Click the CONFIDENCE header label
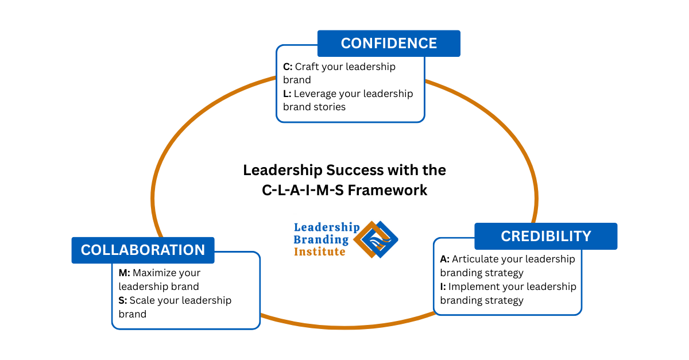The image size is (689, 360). tap(389, 44)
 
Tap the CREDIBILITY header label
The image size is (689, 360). tap(545, 236)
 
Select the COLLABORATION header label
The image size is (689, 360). tap(143, 250)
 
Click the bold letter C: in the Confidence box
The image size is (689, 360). tap(288, 67)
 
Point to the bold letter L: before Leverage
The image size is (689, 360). tap(287, 94)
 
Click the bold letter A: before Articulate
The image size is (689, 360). tap(444, 259)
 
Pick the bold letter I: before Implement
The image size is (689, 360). tap(443, 287)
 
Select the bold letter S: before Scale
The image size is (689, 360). tap(122, 300)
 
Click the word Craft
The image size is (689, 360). tap(308, 67)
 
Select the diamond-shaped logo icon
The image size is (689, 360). tap(376, 239)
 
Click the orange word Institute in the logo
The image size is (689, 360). tap(320, 251)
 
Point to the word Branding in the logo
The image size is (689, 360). tap(321, 239)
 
